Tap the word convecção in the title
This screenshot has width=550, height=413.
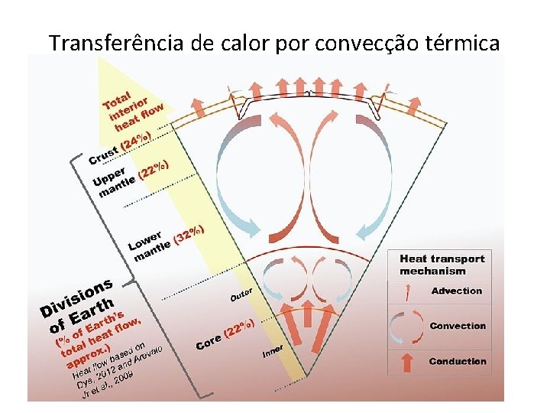357,43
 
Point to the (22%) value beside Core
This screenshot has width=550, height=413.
238,328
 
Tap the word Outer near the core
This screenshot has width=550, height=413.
241,292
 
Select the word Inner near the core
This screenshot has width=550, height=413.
273,351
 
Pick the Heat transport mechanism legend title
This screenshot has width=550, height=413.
442,265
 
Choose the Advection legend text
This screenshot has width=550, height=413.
457,291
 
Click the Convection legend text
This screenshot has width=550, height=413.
458,326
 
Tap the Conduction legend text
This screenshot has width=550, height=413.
458,361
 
